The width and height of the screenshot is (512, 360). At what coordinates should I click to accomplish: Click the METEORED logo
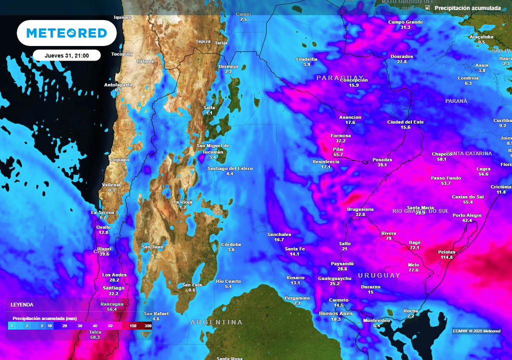click(x=66, y=33)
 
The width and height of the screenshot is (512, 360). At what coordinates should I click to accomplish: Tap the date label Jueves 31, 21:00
click(x=66, y=55)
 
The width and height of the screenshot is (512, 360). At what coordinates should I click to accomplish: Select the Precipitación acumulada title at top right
click(x=467, y=8)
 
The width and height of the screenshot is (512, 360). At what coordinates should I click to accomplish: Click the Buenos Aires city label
click(x=335, y=313)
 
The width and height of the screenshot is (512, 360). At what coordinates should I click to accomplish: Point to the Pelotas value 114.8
click(x=446, y=257)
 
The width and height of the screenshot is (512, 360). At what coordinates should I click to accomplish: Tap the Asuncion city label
click(x=350, y=117)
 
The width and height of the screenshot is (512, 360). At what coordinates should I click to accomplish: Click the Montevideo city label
click(x=376, y=320)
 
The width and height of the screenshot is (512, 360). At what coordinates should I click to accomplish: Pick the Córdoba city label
click(x=231, y=244)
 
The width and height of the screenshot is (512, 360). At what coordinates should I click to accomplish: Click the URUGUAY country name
click(x=379, y=275)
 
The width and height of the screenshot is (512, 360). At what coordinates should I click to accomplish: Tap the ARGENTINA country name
click(x=216, y=322)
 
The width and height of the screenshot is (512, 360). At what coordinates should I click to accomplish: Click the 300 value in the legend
click(x=148, y=326)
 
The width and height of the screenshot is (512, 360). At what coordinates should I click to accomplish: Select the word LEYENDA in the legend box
click(x=22, y=304)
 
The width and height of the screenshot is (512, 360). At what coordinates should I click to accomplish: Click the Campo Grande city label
click(x=405, y=22)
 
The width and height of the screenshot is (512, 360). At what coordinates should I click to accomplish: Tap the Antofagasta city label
click(x=118, y=84)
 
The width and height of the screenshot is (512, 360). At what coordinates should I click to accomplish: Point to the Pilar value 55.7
click(x=338, y=155)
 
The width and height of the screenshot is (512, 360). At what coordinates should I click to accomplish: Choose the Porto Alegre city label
click(x=467, y=215)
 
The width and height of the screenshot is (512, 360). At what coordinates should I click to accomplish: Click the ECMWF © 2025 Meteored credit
click(x=476, y=331)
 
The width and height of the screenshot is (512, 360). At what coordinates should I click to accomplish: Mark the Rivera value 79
click(x=388, y=239)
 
